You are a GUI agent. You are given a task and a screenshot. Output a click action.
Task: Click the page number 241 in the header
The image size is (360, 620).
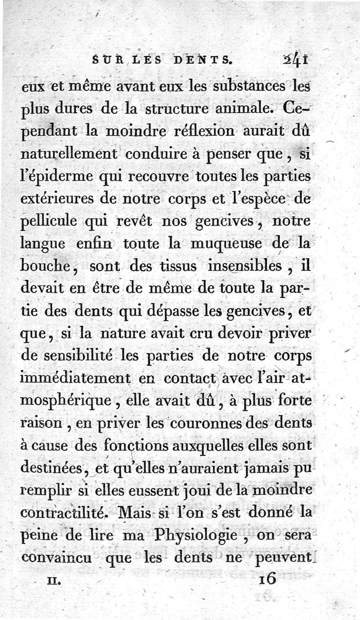click(x=296, y=59)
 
